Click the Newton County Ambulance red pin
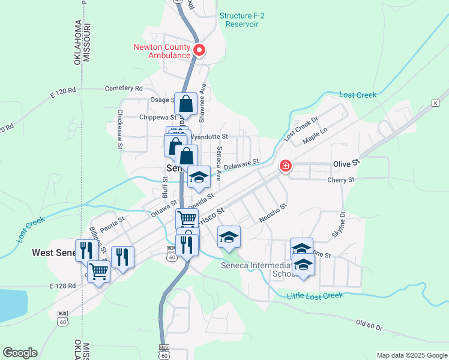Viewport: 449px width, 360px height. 198,50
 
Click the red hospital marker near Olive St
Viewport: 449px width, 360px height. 286,164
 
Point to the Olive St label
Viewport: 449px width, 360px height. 346,163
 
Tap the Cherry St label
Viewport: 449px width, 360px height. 341,179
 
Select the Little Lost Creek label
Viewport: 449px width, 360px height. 315,295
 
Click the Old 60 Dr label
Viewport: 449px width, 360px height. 369,325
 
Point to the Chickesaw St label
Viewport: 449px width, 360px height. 120,129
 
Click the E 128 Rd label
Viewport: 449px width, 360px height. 63,286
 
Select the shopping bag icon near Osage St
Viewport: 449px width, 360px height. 186,103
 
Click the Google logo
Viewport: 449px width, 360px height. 19,353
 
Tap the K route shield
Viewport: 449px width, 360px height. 435,103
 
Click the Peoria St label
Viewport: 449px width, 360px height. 112,223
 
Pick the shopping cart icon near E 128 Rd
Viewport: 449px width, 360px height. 98,271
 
